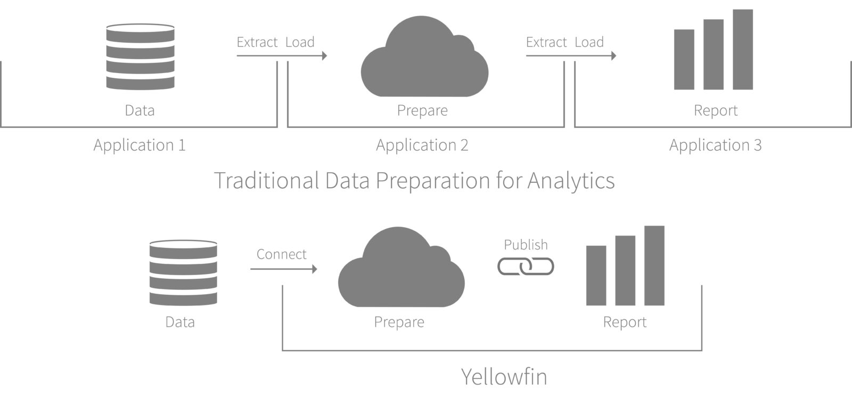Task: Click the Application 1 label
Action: click(140, 145)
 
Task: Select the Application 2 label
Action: click(422, 145)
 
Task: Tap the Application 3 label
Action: click(715, 145)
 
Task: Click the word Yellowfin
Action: click(504, 377)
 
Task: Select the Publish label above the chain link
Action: click(526, 245)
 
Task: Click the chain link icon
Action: click(526, 267)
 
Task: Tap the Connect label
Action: click(281, 254)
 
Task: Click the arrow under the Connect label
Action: click(283, 269)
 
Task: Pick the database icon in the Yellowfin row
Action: click(183, 272)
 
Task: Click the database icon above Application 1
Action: click(140, 57)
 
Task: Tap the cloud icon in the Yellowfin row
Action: click(401, 269)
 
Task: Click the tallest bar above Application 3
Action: click(742, 50)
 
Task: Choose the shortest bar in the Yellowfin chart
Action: click(596, 275)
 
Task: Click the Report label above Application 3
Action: click(715, 110)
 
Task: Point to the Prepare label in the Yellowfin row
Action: click(399, 322)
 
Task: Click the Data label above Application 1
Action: click(140, 110)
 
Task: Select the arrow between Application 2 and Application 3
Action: click(570, 55)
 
